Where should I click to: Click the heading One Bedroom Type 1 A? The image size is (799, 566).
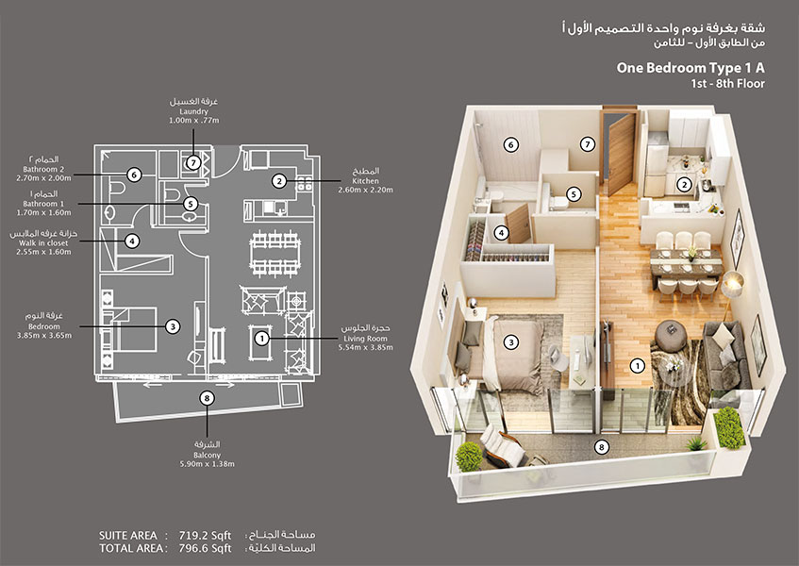click(690, 67)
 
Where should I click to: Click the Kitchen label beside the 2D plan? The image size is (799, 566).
click(365, 180)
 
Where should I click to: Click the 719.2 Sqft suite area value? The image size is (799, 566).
click(201, 534)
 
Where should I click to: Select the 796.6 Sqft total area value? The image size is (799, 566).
click(201, 547)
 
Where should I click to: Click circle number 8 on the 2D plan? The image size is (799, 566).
click(207, 398)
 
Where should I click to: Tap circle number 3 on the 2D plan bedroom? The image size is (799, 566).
click(173, 326)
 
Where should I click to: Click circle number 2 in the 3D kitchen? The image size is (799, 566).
click(686, 185)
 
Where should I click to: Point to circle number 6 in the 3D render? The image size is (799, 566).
click(510, 145)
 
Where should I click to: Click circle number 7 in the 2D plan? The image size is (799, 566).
click(193, 162)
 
